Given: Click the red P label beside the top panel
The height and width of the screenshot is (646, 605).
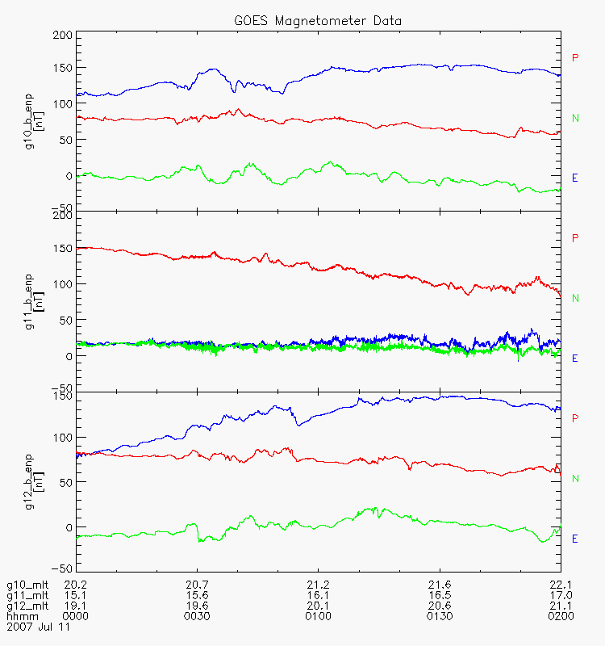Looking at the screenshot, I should click(575, 57).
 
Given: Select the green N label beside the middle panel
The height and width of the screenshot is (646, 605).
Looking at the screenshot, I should click(575, 298).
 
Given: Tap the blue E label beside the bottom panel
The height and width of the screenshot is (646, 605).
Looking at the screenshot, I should click(575, 539).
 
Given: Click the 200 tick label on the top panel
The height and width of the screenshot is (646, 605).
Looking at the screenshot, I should click(62, 36).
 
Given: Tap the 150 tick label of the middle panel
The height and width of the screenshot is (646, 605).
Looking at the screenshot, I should click(62, 249).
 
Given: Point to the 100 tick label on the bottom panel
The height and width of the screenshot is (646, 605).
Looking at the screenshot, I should click(62, 437).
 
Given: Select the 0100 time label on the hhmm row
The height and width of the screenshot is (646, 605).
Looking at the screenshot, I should click(318, 615).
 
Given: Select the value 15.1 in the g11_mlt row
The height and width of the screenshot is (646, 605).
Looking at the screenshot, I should click(75, 594).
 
